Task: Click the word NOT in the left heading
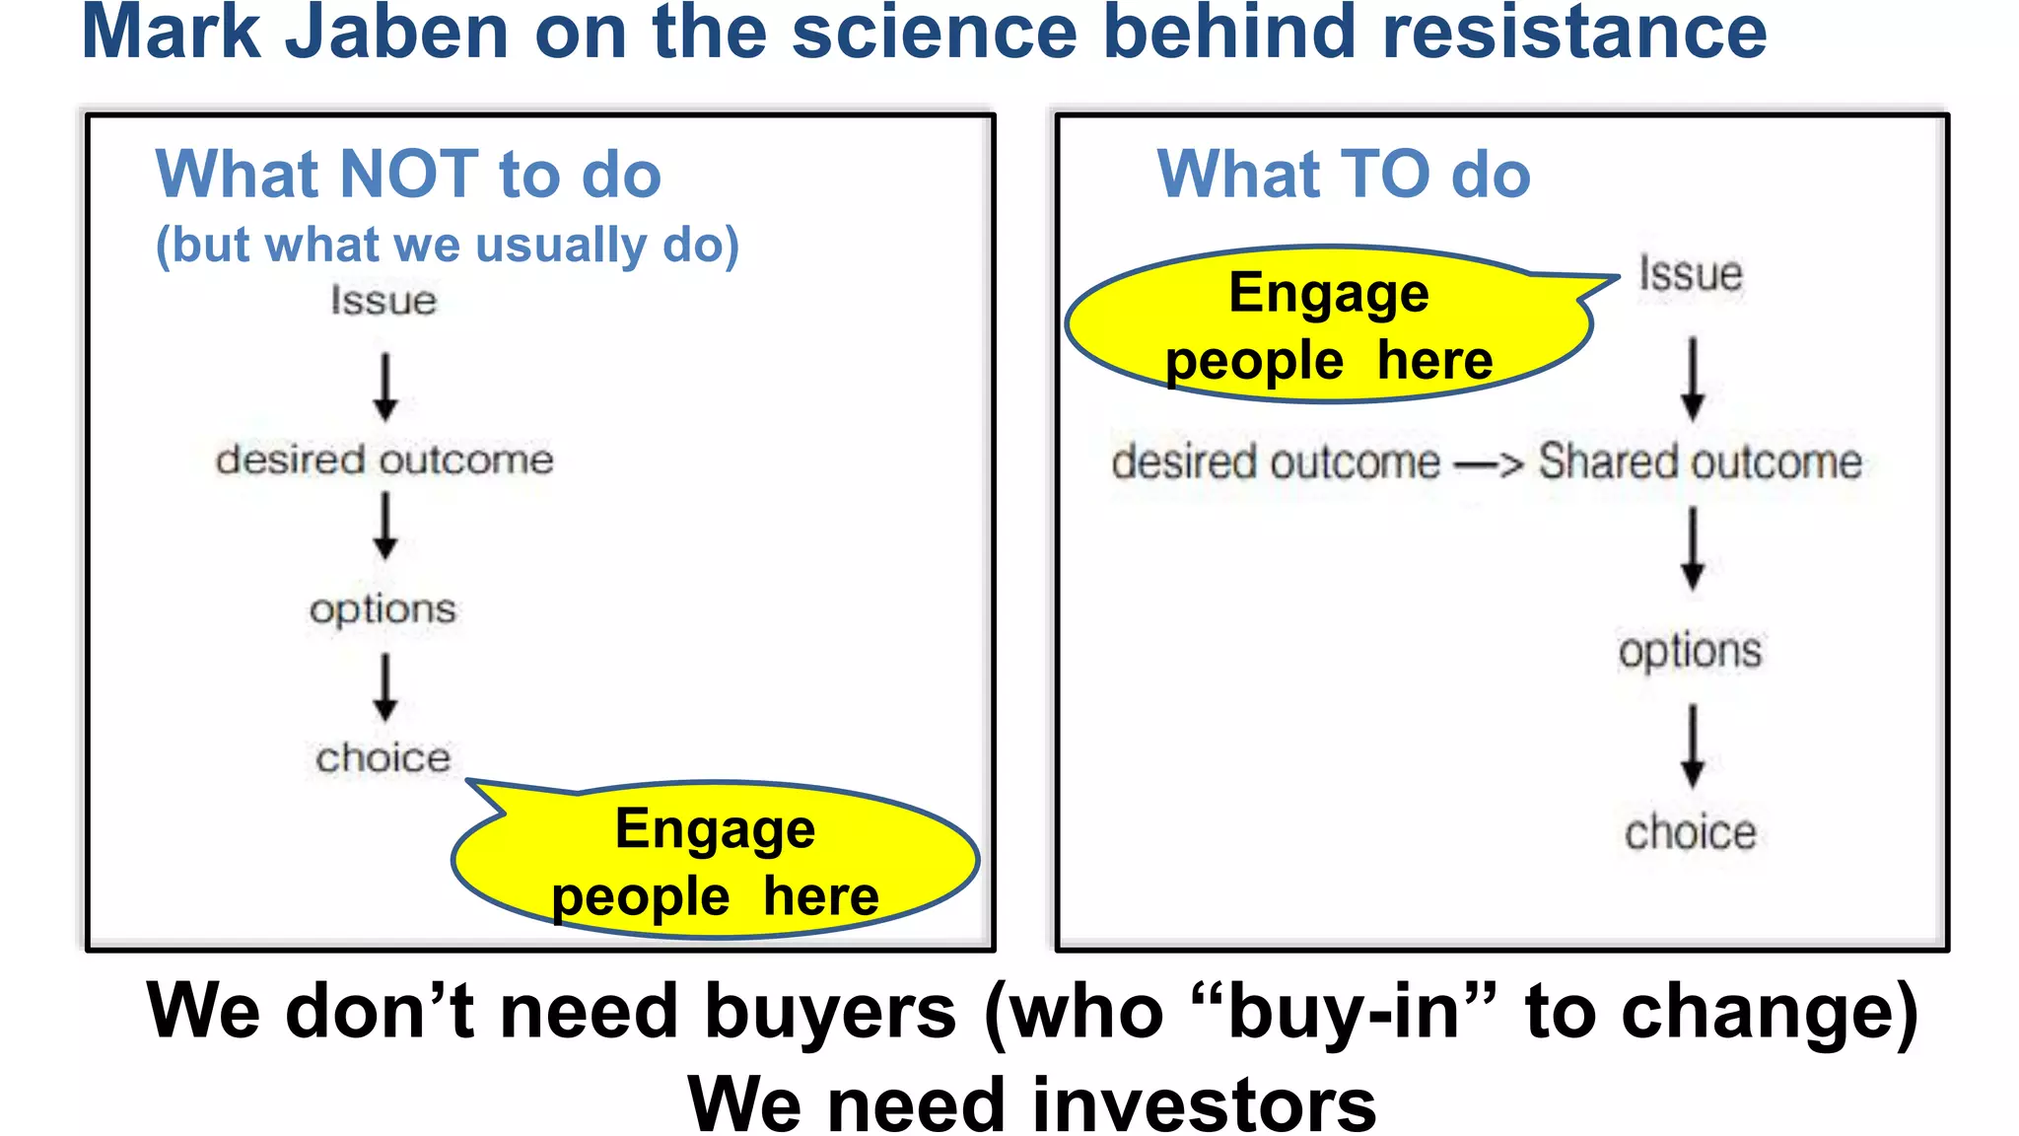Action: [409, 175]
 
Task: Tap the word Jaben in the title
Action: [397, 32]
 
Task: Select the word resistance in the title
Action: [1574, 32]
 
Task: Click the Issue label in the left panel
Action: [383, 301]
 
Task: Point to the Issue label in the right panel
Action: [1691, 274]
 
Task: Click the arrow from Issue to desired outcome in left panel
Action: [385, 388]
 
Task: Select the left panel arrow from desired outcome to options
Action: [385, 526]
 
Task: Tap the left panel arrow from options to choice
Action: [385, 688]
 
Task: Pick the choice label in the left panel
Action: [383, 758]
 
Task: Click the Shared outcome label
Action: [1701, 461]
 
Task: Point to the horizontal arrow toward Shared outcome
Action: [1489, 462]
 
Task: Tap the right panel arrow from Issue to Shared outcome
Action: [1693, 380]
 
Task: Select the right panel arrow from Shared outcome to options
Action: [1693, 548]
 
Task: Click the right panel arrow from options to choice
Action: [1693, 745]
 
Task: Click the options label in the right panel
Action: [1691, 652]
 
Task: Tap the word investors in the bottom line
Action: [1203, 1103]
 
